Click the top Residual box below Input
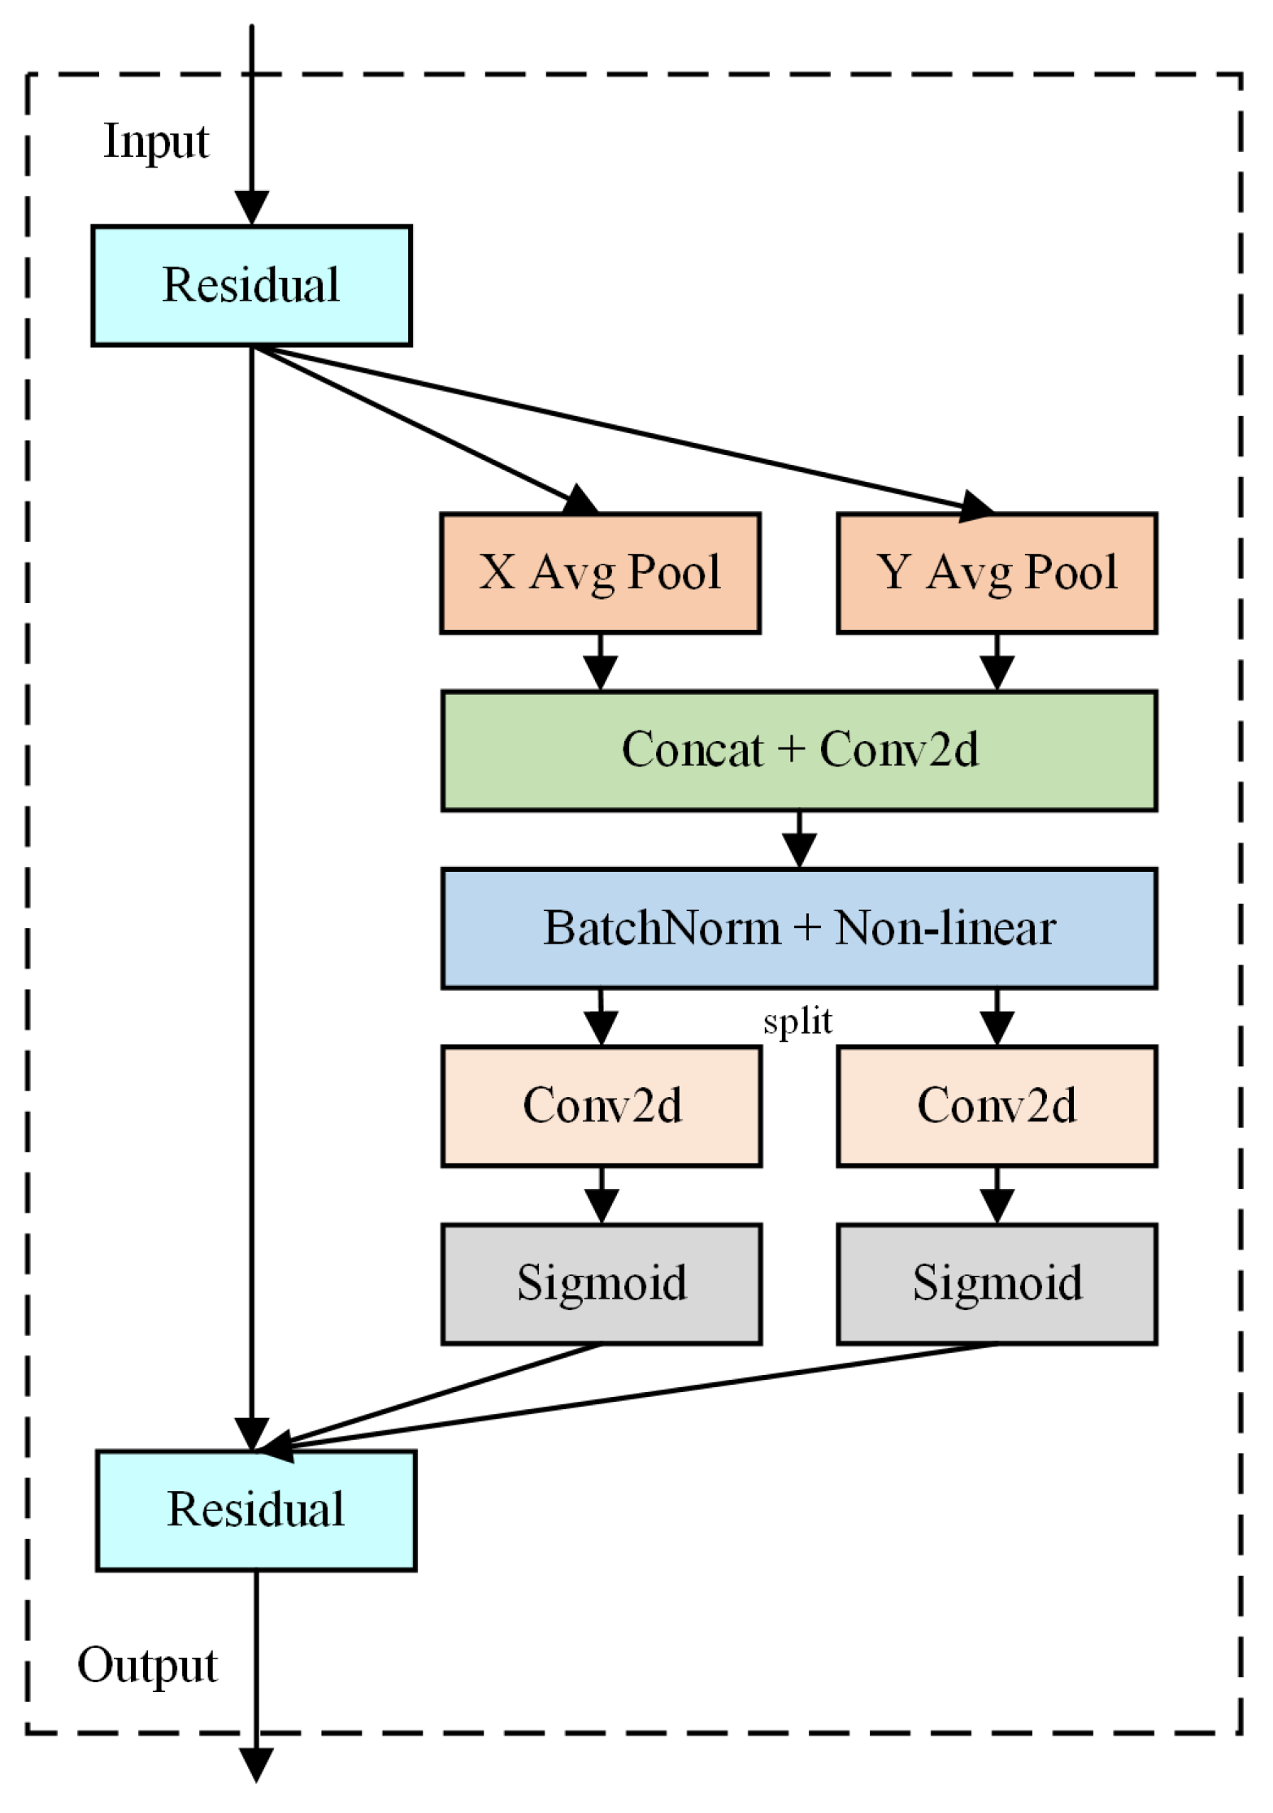[251, 285]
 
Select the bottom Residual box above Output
[255, 1510]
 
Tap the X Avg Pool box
[600, 573]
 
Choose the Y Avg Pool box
[997, 573]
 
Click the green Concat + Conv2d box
[799, 750]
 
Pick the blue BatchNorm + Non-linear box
[799, 928]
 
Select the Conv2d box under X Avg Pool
[602, 1106]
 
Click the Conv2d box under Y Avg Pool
[997, 1106]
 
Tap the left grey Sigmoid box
[602, 1283]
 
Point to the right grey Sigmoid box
[997, 1283]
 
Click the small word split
[797, 1021]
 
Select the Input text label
[156, 141]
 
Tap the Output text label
[147, 1665]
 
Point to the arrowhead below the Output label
[256, 1764]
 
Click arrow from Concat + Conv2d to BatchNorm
[799, 840]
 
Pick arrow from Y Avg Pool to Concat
[997, 662]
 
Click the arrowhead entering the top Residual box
[251, 208]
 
